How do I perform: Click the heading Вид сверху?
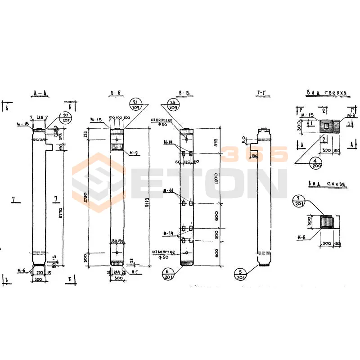(x=327, y=93)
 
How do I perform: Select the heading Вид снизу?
(x=326, y=184)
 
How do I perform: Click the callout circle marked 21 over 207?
(x=135, y=105)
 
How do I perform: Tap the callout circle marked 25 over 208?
(x=174, y=105)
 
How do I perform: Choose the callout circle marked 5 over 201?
(x=242, y=274)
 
